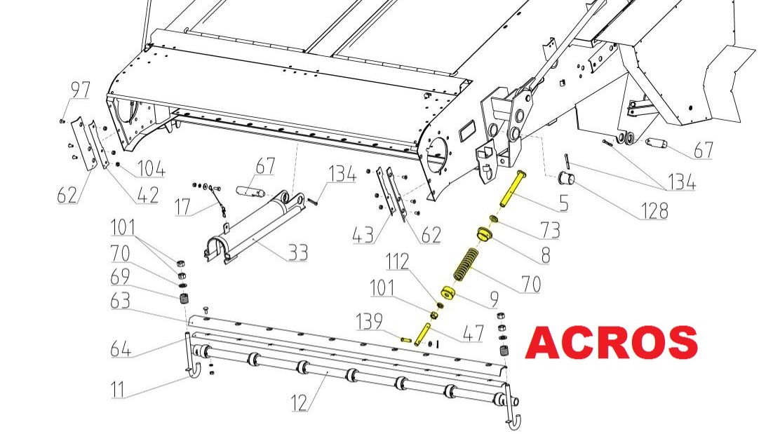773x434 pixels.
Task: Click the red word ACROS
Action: pyautogui.click(x=611, y=342)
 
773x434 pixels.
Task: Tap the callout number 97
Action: pyautogui.click(x=81, y=90)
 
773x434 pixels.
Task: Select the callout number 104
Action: pyautogui.click(x=151, y=168)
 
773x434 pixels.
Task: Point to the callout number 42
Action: pyautogui.click(x=148, y=195)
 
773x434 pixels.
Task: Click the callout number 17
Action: pyautogui.click(x=182, y=207)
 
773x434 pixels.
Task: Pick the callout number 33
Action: pyautogui.click(x=297, y=252)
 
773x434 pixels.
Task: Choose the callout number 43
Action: pyautogui.click(x=363, y=235)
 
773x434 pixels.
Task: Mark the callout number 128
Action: pyautogui.click(x=654, y=210)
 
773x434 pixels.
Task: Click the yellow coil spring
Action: pyautogui.click(x=466, y=264)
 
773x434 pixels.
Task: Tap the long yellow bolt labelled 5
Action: pyautogui.click(x=512, y=188)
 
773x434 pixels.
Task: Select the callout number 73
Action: pyautogui.click(x=550, y=230)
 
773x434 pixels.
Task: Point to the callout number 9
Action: pyautogui.click(x=494, y=299)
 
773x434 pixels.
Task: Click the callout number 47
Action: pyautogui.click(x=473, y=334)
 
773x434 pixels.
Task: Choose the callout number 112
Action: pyautogui.click(x=397, y=262)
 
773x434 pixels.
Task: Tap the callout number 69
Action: pyautogui.click(x=120, y=276)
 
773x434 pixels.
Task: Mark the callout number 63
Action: pyautogui.click(x=120, y=300)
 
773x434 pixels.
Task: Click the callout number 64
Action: pyautogui.click(x=120, y=348)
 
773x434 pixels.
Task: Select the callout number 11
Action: pyautogui.click(x=117, y=389)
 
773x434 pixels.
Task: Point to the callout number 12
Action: pyautogui.click(x=300, y=402)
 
